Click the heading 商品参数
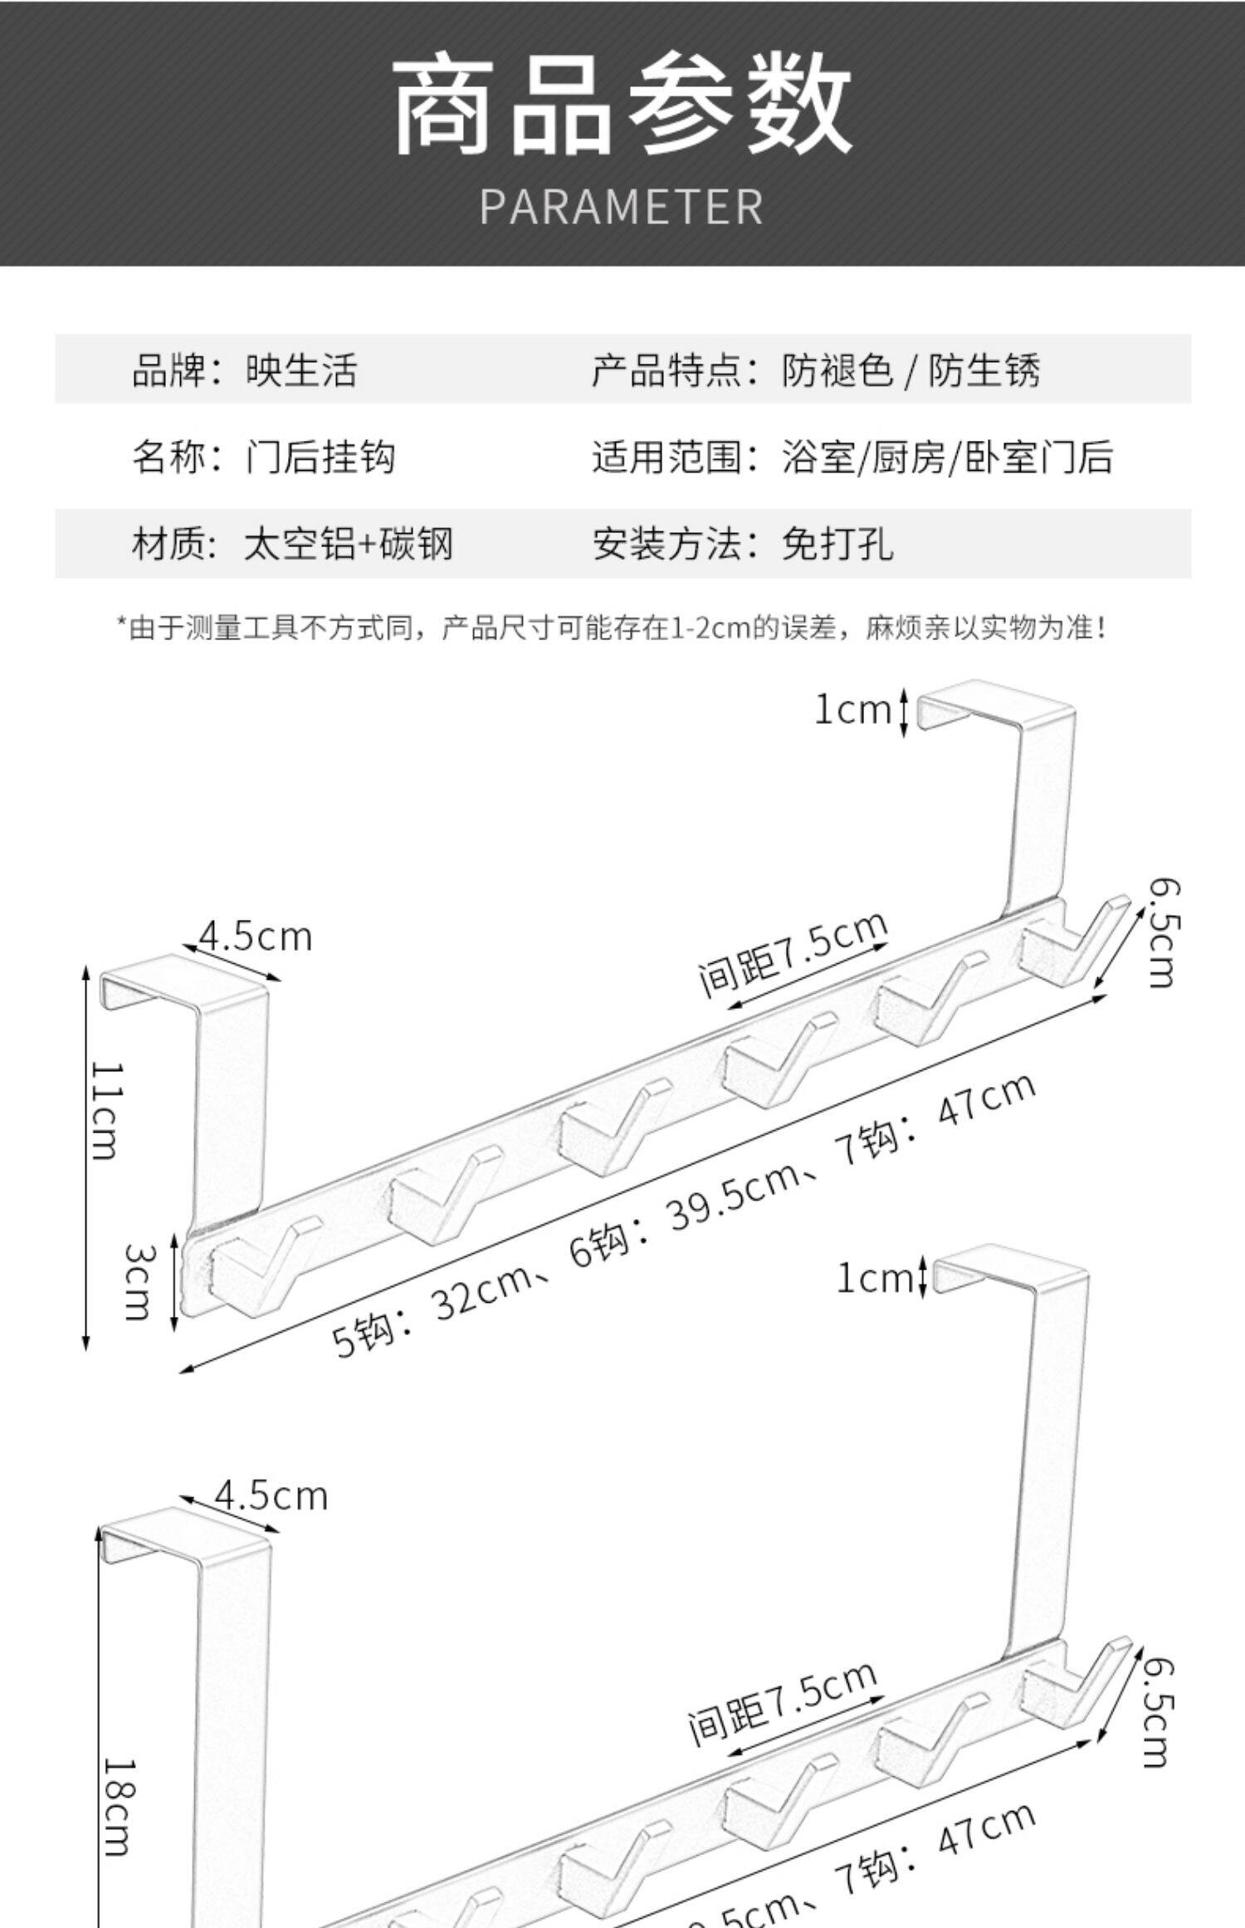pyautogui.click(x=622, y=105)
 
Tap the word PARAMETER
pyautogui.click(x=622, y=207)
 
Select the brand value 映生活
pyautogui.click(x=301, y=370)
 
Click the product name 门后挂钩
pyautogui.click(x=320, y=458)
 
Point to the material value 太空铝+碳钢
pyautogui.click(x=349, y=545)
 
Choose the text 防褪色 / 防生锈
pyautogui.click(x=910, y=370)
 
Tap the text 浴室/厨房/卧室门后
pyautogui.click(x=946, y=458)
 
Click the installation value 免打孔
pyautogui.click(x=837, y=545)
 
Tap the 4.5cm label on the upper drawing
pyautogui.click(x=256, y=937)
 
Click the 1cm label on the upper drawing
pyautogui.click(x=852, y=710)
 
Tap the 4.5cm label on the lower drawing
pyautogui.click(x=271, y=1495)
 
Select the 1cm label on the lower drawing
pyautogui.click(x=874, y=1278)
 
